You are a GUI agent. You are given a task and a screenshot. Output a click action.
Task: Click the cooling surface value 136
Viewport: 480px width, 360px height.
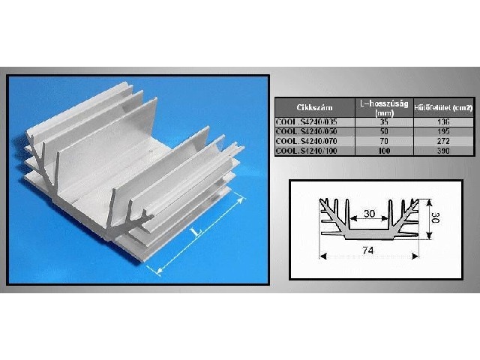coord(443,122)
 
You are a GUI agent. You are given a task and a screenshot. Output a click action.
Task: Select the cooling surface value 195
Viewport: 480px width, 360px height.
coord(443,131)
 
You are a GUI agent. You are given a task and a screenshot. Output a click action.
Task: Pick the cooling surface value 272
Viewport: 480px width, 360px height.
coord(443,140)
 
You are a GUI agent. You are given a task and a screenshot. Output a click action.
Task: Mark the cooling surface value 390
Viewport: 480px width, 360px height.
coord(443,150)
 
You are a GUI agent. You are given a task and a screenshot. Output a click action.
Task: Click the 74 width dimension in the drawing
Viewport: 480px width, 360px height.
coord(368,248)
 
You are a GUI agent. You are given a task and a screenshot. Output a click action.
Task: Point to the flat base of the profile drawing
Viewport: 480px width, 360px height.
coord(368,235)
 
